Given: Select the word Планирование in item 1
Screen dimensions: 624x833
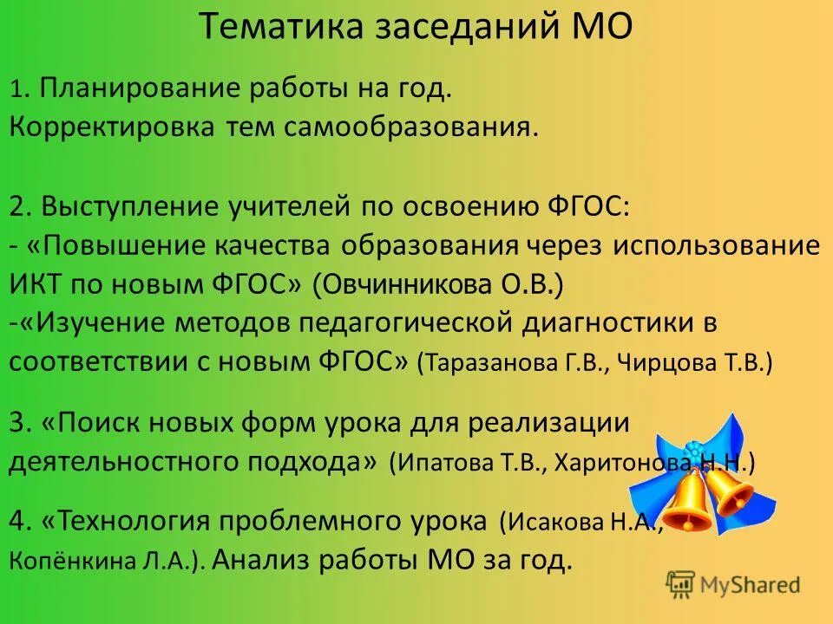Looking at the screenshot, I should pos(141,88).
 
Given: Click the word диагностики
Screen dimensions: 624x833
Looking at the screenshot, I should pos(607,323).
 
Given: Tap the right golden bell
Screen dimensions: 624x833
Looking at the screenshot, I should pos(730,490).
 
